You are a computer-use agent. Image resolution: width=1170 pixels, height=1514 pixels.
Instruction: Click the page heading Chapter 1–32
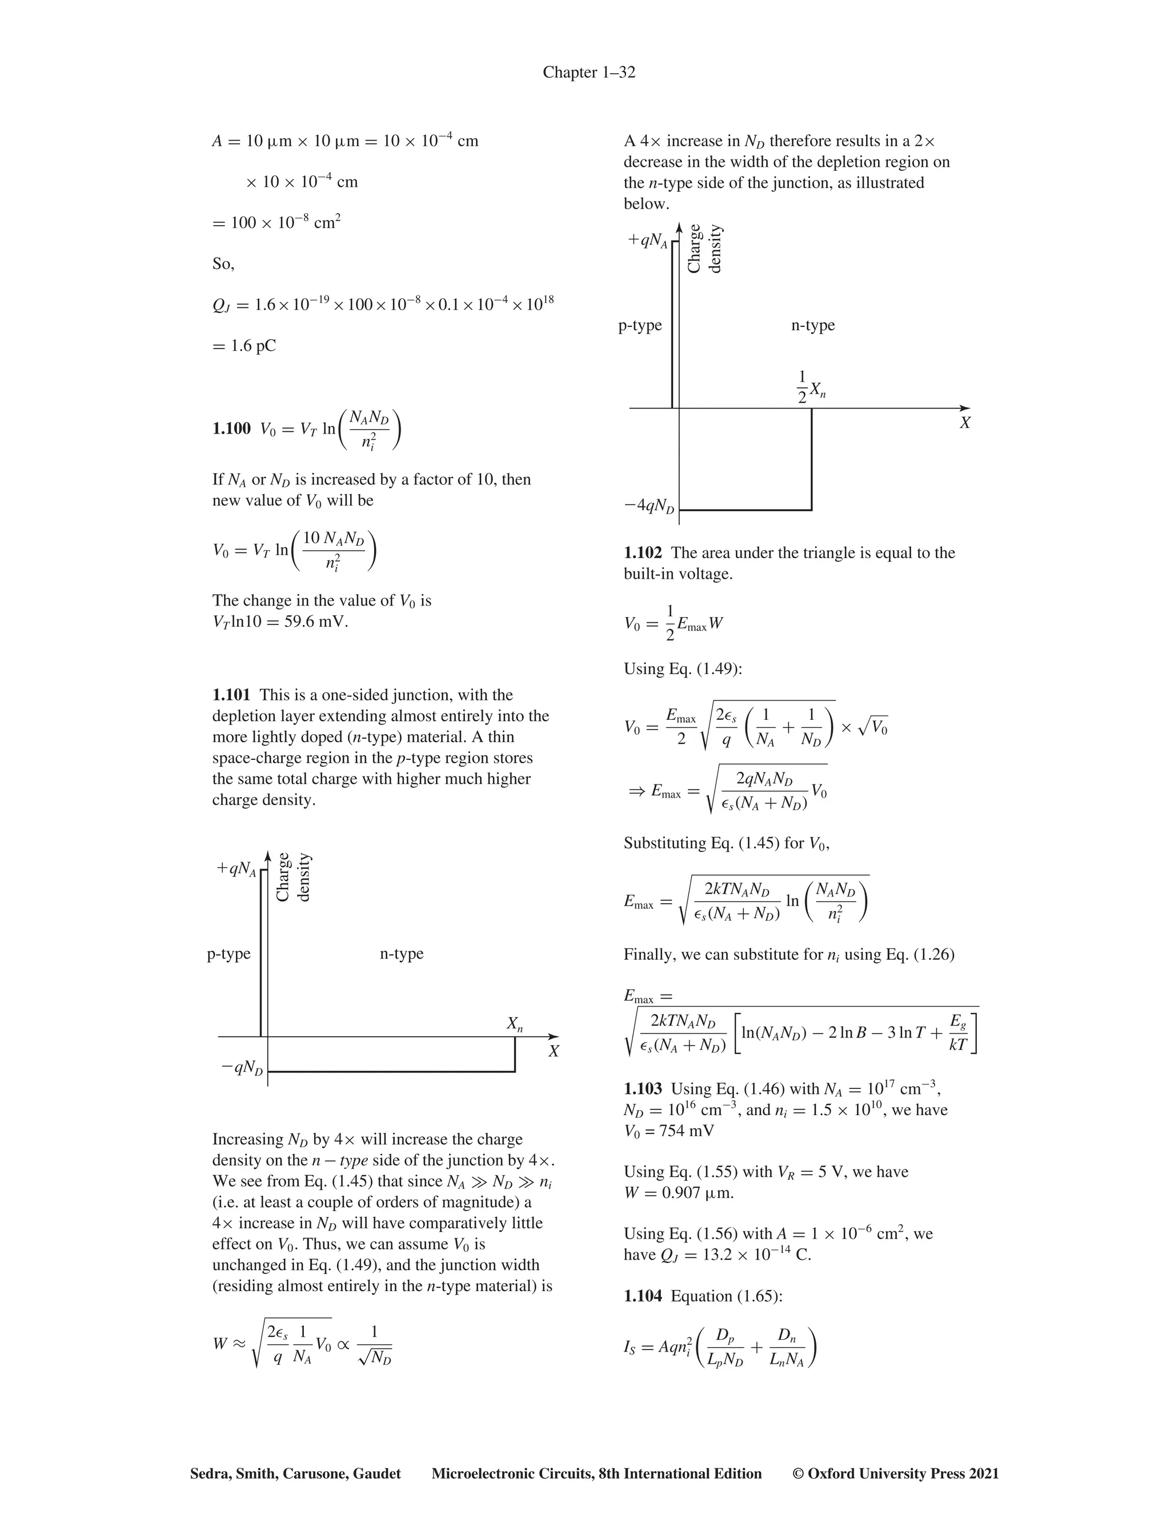(x=588, y=72)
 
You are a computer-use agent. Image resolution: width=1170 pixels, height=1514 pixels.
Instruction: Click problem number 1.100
(x=231, y=428)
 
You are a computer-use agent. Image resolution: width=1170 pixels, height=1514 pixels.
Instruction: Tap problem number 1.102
(x=643, y=552)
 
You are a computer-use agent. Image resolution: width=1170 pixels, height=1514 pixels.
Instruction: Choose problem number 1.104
(x=643, y=1296)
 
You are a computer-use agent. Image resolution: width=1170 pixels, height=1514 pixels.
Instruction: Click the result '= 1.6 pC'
(x=244, y=345)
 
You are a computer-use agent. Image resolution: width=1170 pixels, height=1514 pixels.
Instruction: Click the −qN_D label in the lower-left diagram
(x=242, y=1068)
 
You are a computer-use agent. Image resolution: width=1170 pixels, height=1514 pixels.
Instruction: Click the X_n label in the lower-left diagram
(x=514, y=1023)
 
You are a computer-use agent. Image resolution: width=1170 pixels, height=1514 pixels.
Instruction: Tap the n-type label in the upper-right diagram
(x=812, y=325)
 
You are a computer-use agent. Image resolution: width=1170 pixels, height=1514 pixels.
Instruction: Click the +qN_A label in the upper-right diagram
(x=647, y=240)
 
